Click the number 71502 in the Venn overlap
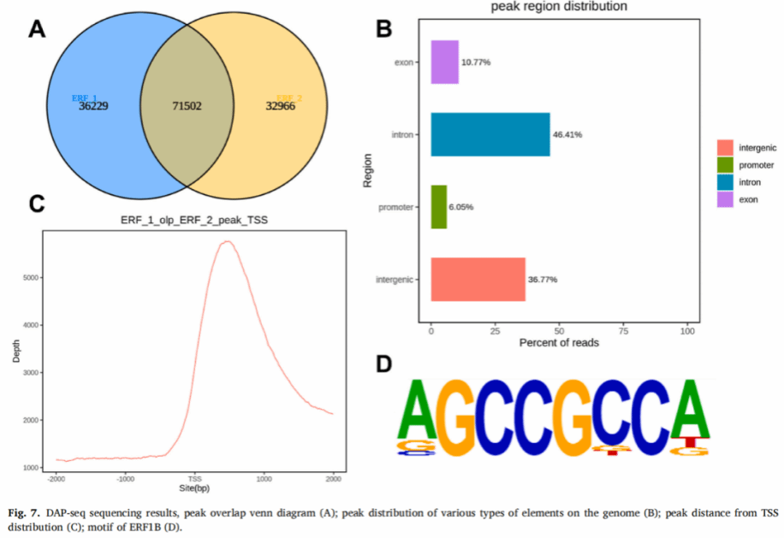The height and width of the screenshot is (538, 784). [x=187, y=106]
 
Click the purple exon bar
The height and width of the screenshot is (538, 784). [x=444, y=62]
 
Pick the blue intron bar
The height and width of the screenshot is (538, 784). [x=490, y=134]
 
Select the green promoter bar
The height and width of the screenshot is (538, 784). [x=438, y=207]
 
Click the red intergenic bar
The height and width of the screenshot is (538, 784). [x=478, y=279]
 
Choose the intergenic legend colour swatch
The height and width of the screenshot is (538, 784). [x=726, y=148]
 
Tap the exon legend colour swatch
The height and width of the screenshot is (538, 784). [x=726, y=199]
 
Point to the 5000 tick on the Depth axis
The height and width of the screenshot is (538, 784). [x=30, y=278]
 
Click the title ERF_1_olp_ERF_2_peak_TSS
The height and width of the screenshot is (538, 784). [x=193, y=221]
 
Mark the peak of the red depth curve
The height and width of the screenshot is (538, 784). [x=227, y=241]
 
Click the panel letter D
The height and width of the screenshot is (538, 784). [x=384, y=364]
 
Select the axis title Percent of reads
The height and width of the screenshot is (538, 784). [x=559, y=343]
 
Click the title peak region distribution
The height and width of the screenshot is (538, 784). [x=559, y=7]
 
